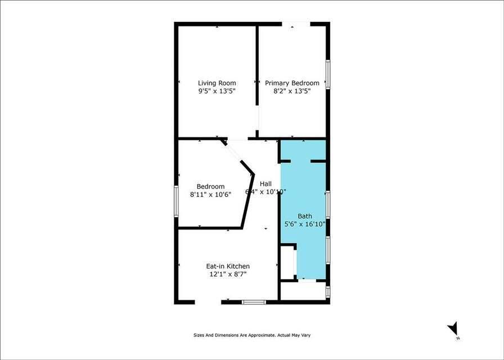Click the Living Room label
point(217,83)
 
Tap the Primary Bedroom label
point(292,83)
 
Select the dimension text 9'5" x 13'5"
point(217,91)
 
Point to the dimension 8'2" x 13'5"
point(292,91)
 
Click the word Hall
point(265,183)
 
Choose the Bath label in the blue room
point(304,216)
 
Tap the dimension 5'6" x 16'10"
point(304,223)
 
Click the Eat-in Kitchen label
point(228,266)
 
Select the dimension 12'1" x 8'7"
point(228,274)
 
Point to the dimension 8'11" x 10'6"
point(210,195)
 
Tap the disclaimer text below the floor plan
point(251,335)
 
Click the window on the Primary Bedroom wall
point(328,74)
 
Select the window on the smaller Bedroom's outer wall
point(177,201)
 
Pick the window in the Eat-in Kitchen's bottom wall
point(253,303)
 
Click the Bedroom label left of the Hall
point(210,187)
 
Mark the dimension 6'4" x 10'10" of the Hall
point(266,192)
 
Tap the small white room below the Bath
point(304,291)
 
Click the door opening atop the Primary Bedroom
point(295,24)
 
